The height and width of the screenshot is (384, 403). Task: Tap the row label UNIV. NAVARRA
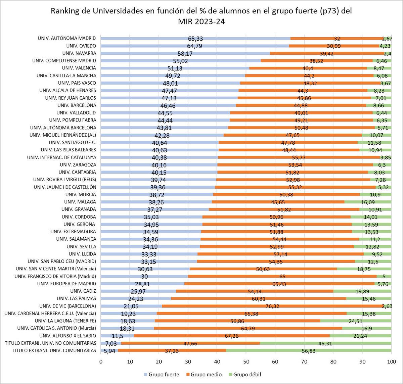[x=79, y=53]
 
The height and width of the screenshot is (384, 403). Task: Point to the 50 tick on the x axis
[x=246, y=362]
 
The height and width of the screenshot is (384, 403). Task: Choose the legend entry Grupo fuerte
[x=162, y=375]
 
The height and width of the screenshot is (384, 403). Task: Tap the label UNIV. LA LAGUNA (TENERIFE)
[x=65, y=321]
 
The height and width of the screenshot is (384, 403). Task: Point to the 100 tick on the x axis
[x=391, y=362]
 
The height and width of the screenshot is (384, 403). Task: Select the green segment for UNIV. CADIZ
[x=362, y=291]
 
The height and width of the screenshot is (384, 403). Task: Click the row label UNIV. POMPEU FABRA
[x=73, y=120]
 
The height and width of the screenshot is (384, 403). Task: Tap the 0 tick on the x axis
[x=101, y=362]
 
